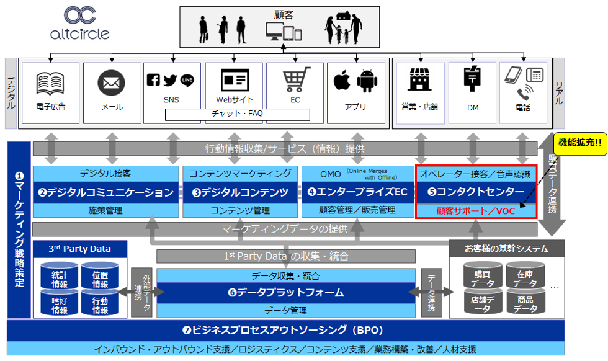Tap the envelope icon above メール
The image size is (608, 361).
[112, 82]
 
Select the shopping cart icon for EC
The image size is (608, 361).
[296, 81]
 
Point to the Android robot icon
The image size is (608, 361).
[367, 81]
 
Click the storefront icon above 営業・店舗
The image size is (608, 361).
[420, 81]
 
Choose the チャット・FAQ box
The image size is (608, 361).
[237, 114]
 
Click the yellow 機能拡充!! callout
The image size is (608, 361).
[580, 141]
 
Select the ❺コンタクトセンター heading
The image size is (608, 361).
[476, 192]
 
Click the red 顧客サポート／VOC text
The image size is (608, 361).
[476, 211]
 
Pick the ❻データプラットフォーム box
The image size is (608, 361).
[285, 292]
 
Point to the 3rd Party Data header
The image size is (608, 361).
[80, 249]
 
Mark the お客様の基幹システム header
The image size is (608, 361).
[506, 249]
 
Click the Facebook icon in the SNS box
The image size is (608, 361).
[153, 80]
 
